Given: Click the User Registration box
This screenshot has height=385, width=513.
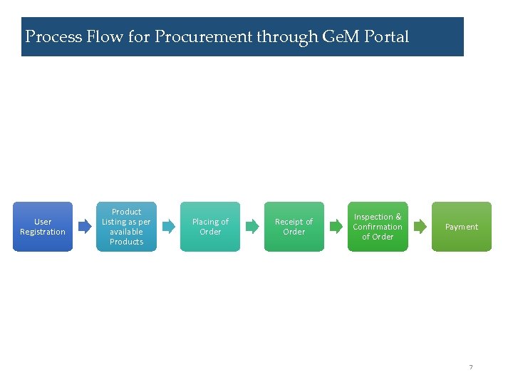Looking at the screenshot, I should [43, 227].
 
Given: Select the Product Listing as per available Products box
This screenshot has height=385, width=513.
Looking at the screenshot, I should [126, 227].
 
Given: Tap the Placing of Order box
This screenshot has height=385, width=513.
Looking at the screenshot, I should [210, 227].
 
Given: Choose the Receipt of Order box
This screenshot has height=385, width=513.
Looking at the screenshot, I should [294, 227].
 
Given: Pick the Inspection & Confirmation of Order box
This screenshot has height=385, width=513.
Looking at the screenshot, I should [378, 227].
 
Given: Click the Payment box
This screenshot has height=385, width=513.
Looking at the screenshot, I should [462, 227].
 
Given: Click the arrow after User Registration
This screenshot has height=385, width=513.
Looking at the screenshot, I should [85, 227].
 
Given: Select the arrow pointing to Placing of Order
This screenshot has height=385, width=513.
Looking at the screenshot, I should [168, 227].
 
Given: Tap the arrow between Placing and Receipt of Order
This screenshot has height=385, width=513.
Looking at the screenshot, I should [252, 227].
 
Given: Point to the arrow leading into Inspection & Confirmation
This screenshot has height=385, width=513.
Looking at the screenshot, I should [336, 227].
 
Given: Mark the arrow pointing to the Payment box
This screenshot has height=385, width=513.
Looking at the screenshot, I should [420, 227].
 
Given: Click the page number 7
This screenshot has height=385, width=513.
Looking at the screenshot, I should [470, 367].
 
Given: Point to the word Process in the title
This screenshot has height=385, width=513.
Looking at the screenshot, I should [53, 36].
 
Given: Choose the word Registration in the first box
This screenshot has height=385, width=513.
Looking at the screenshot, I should [43, 232].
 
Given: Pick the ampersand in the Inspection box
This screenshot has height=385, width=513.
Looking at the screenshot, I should [398, 217].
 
